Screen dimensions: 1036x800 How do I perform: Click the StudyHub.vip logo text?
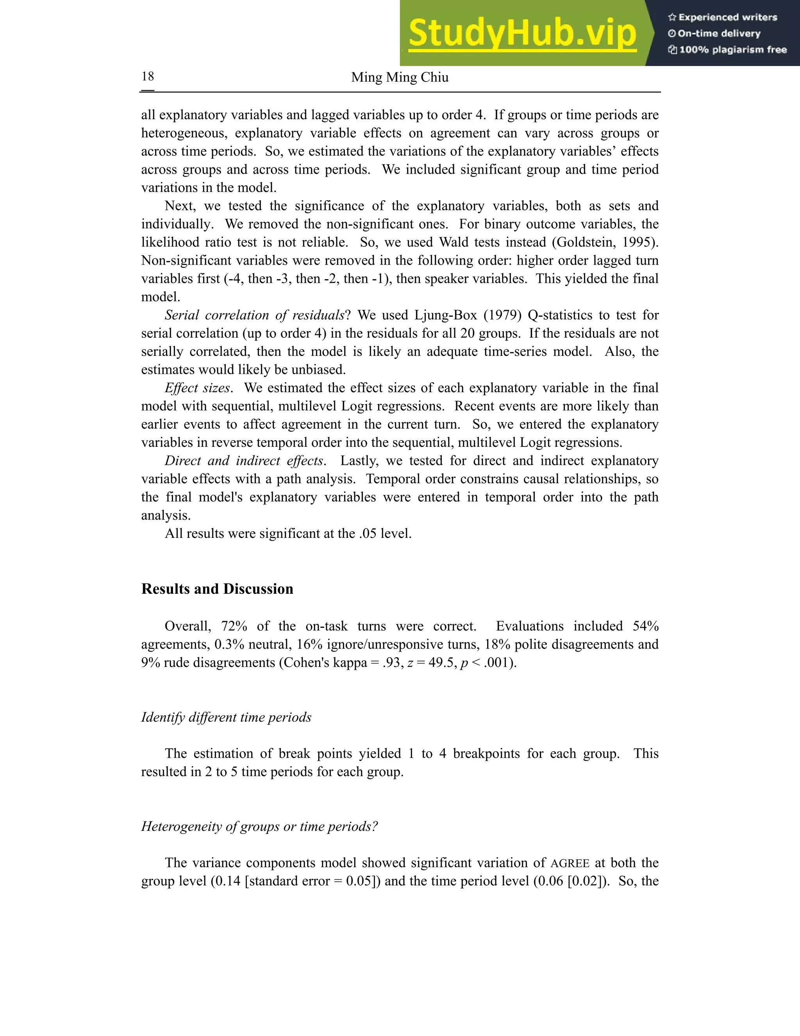(x=522, y=33)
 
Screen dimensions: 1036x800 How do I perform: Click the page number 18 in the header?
(x=148, y=76)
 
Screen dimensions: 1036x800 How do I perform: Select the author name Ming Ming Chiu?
(x=400, y=77)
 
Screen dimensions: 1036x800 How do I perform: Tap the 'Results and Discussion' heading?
(x=217, y=589)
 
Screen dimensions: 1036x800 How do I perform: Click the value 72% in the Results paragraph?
(x=234, y=626)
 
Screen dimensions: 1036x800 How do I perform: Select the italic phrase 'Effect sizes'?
(x=197, y=388)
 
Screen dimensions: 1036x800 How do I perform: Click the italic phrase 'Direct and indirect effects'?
(x=244, y=461)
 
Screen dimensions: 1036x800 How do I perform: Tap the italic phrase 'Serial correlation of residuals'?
(x=254, y=315)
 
